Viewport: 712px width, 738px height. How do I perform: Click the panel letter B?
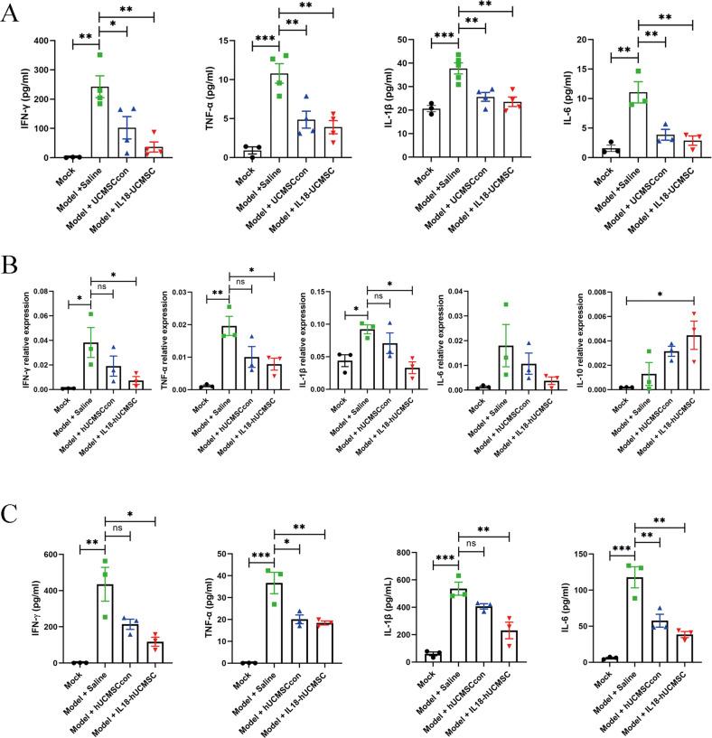(x=12, y=268)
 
